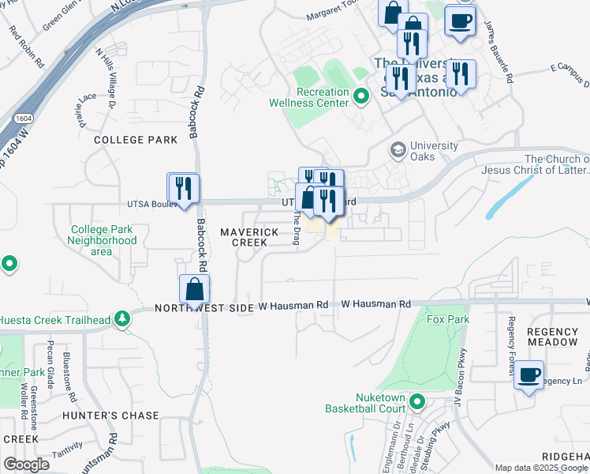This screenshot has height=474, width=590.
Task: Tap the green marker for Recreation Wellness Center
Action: click(362, 98)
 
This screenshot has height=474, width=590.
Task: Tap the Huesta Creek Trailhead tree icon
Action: click(122, 319)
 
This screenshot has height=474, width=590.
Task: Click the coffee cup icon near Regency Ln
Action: click(529, 374)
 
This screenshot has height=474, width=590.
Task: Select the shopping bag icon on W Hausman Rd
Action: click(194, 290)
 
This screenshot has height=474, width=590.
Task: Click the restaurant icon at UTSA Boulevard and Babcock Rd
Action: click(184, 189)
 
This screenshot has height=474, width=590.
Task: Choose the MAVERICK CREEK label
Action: click(249, 237)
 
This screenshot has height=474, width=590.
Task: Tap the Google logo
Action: click(26, 464)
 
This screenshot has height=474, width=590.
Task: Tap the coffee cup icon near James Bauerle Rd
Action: click(460, 21)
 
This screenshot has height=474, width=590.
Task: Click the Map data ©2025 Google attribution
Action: click(542, 468)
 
